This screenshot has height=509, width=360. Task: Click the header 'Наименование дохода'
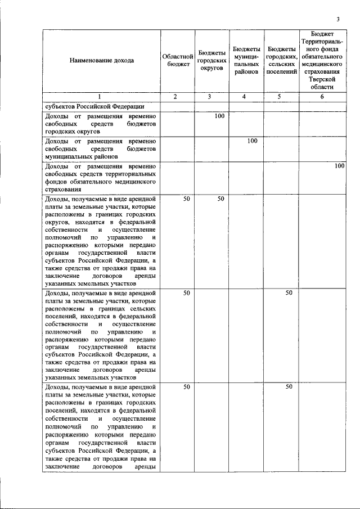[x=102, y=61]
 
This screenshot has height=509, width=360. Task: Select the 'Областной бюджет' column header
[x=178, y=61]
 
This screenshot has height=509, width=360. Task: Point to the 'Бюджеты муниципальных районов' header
[x=246, y=61]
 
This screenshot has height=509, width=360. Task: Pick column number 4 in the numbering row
[x=246, y=97]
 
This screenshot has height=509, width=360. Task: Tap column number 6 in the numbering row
[x=321, y=97]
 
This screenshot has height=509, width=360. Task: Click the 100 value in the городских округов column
[x=219, y=116]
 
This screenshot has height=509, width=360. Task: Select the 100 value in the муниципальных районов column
[x=253, y=141]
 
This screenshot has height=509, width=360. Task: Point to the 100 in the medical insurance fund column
[x=338, y=166]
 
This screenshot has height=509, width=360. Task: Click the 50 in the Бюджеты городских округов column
[x=220, y=199]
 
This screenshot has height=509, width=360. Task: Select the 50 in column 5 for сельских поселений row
[x=288, y=292]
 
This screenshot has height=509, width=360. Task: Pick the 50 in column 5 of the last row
[x=288, y=386]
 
